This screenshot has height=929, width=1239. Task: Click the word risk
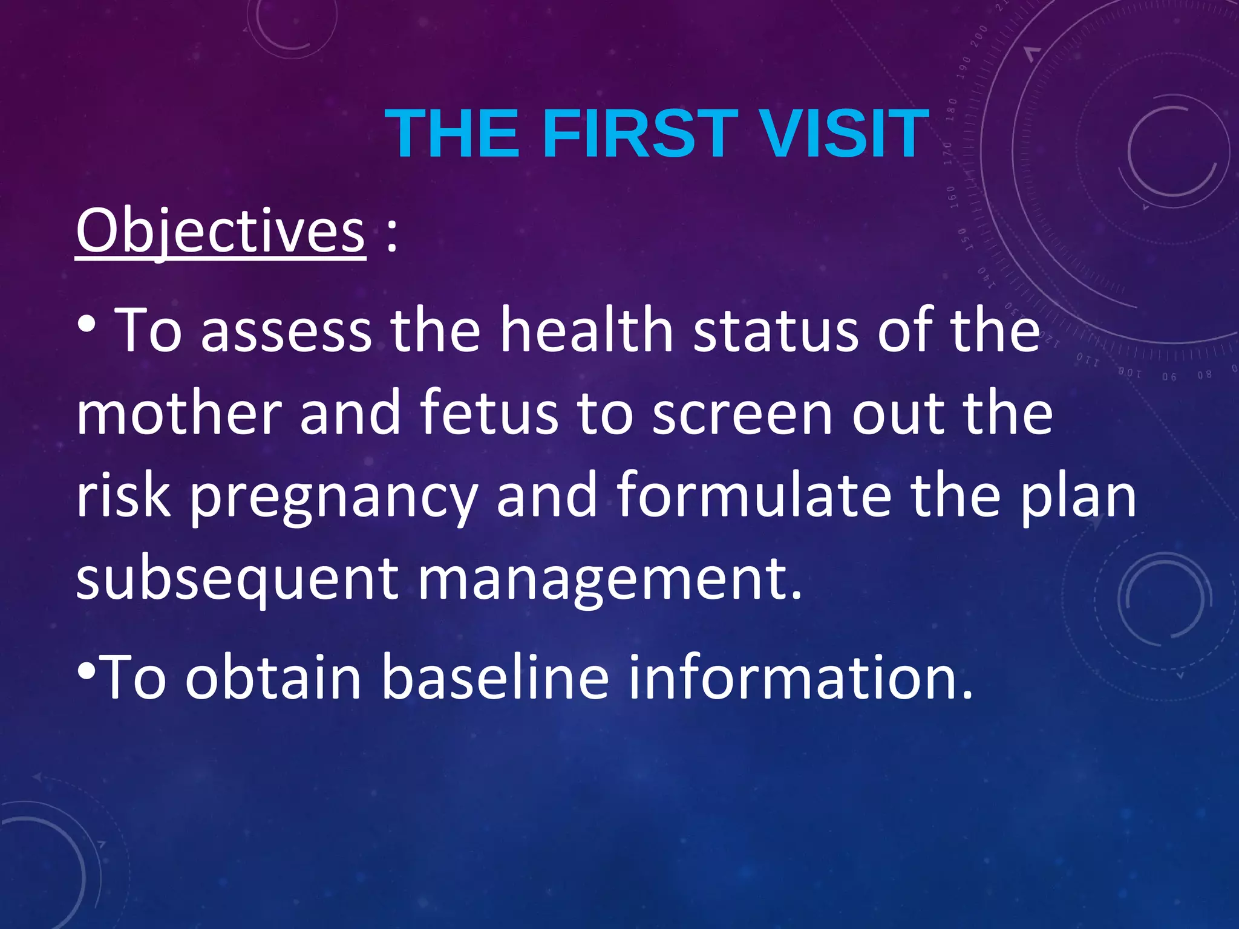click(x=123, y=496)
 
